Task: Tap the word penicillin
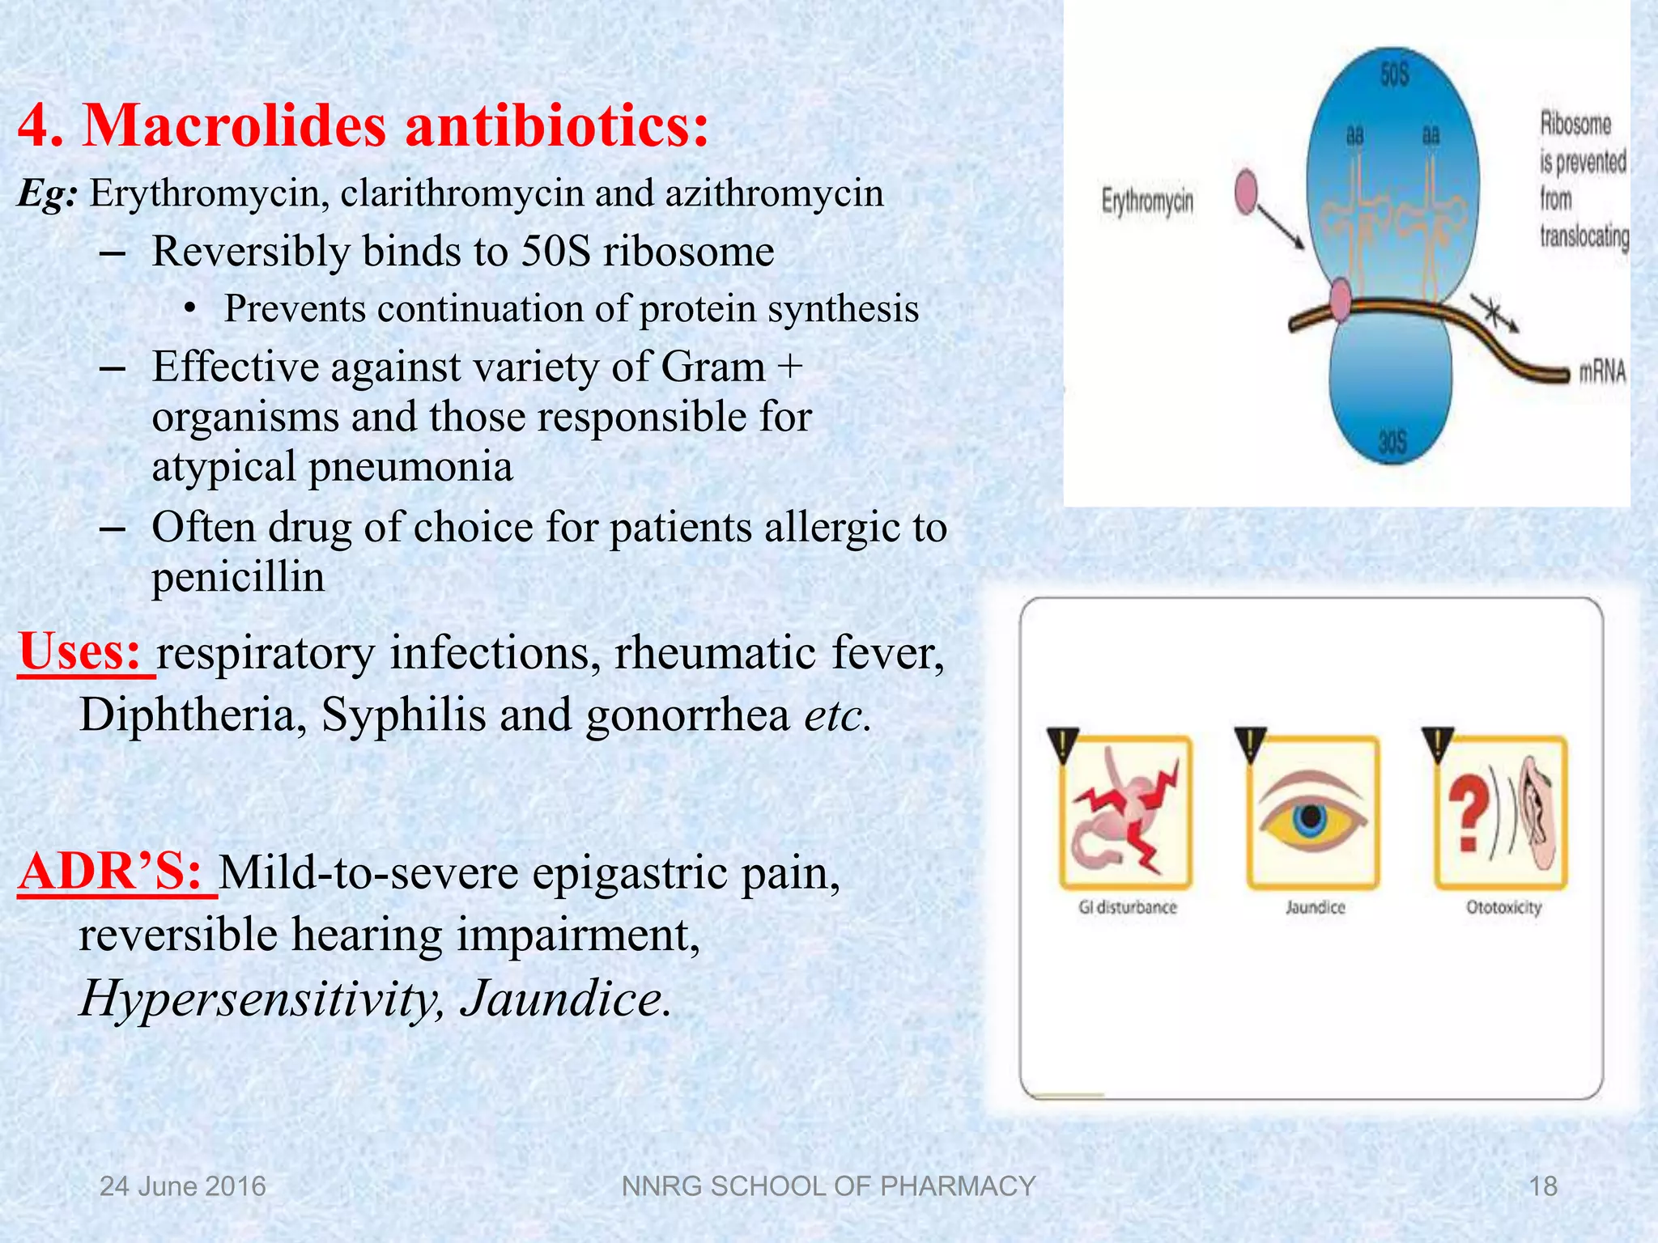pyautogui.click(x=238, y=577)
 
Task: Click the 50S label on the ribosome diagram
pyautogui.click(x=1394, y=75)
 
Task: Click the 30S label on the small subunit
pyautogui.click(x=1392, y=442)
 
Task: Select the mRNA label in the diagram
pyautogui.click(x=1602, y=372)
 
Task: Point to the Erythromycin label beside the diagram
pyautogui.click(x=1147, y=200)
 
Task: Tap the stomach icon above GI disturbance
pyautogui.click(x=1125, y=812)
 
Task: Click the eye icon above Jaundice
pyautogui.click(x=1312, y=812)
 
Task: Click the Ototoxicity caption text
pyautogui.click(x=1503, y=907)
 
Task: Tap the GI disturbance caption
pyautogui.click(x=1127, y=907)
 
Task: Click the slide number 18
pyautogui.click(x=1542, y=1186)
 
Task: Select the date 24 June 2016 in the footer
pyautogui.click(x=182, y=1186)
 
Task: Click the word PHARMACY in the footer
pyautogui.click(x=957, y=1186)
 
